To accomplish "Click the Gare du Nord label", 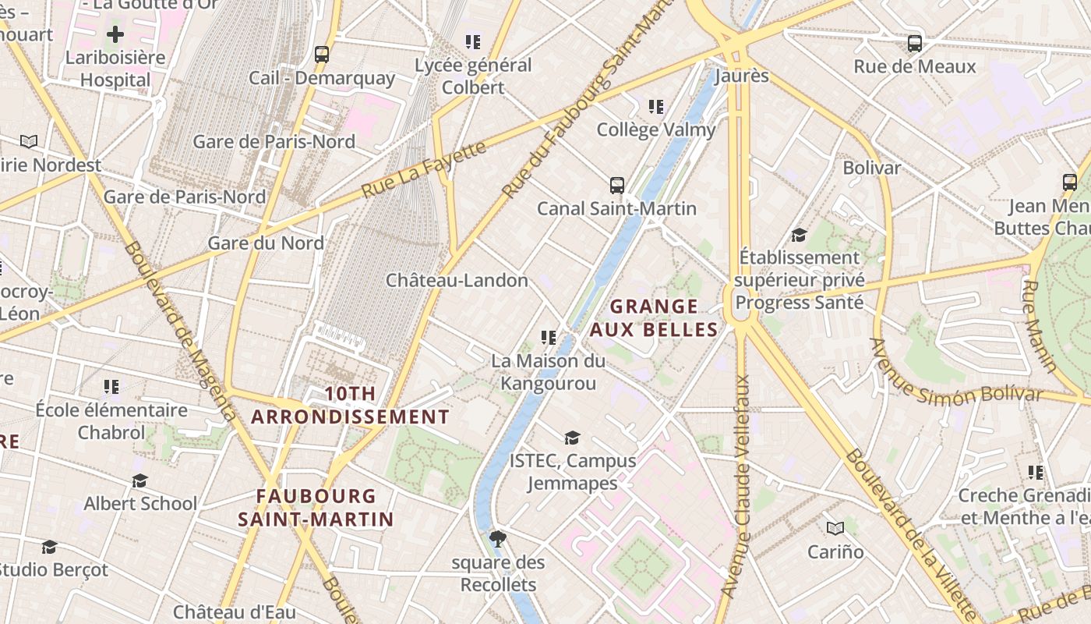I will tap(265, 243).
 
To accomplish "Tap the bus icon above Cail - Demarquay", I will tap(321, 55).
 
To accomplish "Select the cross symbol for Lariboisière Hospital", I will tap(115, 34).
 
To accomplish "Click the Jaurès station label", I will tap(741, 76).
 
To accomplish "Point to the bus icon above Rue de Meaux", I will tap(915, 44).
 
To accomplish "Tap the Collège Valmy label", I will tap(655, 129).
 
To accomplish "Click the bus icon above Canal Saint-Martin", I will tap(616, 186).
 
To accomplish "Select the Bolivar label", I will tap(871, 168).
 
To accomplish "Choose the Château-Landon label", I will tap(457, 280).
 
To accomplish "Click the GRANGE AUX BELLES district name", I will tap(653, 317).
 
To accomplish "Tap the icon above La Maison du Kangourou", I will tap(548, 338).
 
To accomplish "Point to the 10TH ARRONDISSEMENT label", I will tap(350, 406).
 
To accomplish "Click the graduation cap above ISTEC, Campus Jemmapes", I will tap(572, 438).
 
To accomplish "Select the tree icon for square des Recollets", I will tap(497, 538).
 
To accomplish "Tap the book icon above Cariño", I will tap(835, 529).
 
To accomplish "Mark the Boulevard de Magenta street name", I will tap(178, 331).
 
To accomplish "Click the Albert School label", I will tap(140, 504).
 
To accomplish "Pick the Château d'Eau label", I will tap(234, 612).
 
